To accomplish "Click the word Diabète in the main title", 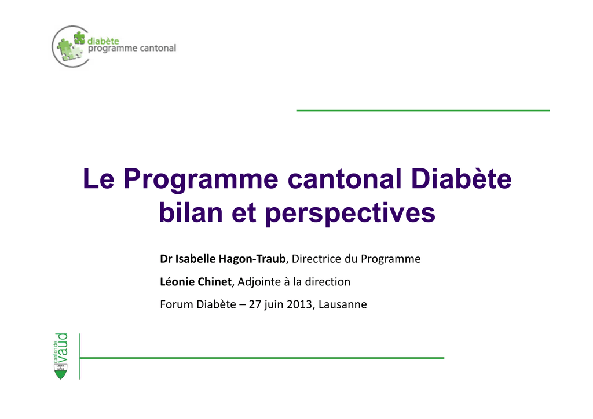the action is tap(461, 178).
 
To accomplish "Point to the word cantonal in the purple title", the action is tap(344, 179).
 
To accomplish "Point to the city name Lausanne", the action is tap(343, 304).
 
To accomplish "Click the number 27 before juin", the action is tap(255, 304).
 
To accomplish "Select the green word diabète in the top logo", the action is tap(103, 41).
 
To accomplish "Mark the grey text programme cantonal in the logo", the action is tap(132, 49).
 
